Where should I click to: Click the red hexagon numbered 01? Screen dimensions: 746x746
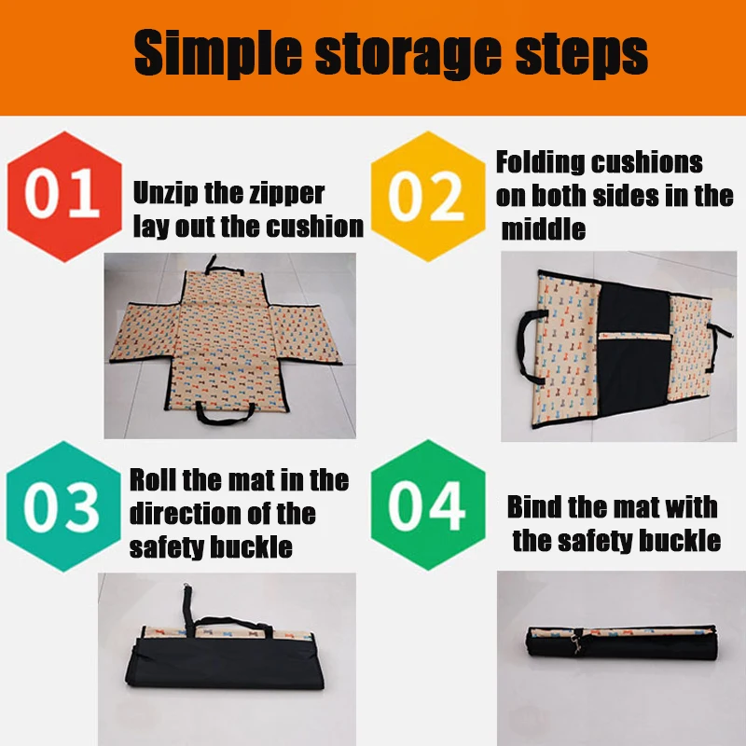pyautogui.click(x=63, y=194)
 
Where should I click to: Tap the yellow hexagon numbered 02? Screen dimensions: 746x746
pyautogui.click(x=427, y=194)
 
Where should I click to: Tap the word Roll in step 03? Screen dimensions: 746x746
pyautogui.click(x=154, y=481)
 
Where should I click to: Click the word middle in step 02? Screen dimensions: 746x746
pyautogui.click(x=543, y=229)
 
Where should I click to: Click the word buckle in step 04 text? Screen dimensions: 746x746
pyautogui.click(x=675, y=540)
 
